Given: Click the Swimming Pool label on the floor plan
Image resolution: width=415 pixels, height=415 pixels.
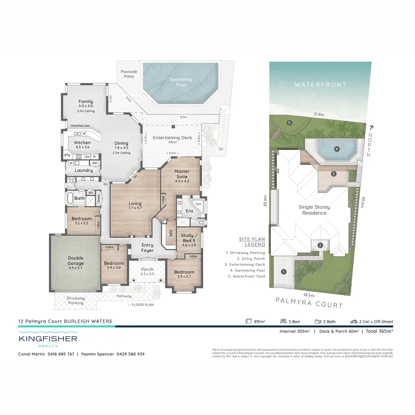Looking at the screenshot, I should pyautogui.click(x=181, y=82).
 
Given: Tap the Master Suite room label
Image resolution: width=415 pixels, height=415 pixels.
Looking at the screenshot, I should pyautogui.click(x=182, y=174).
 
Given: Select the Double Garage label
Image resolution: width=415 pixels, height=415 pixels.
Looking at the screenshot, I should pyautogui.click(x=76, y=261).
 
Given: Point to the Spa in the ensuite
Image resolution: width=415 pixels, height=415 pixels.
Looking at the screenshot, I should pyautogui.click(x=198, y=204).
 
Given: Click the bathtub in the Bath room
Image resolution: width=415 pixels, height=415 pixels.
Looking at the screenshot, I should pyautogui.click(x=70, y=198).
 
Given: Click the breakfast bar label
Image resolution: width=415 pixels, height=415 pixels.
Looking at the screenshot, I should pyautogui.click(x=80, y=126).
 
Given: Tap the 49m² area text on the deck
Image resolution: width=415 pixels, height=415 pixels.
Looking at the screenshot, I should pyautogui.click(x=172, y=142).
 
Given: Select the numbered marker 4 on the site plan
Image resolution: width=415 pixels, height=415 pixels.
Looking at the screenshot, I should pyautogui.click(x=337, y=149).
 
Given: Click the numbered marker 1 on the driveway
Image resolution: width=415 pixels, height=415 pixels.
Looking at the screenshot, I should pyautogui.click(x=284, y=272).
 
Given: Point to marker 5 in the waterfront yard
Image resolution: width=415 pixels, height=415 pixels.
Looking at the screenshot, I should pyautogui.click(x=289, y=123).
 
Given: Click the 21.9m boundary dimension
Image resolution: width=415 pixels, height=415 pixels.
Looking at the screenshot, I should pyautogui.click(x=319, y=115).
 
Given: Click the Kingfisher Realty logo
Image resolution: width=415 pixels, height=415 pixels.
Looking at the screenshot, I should pyautogui.click(x=48, y=339).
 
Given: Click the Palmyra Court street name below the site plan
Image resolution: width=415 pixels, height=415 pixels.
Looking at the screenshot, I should pyautogui.click(x=309, y=303).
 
